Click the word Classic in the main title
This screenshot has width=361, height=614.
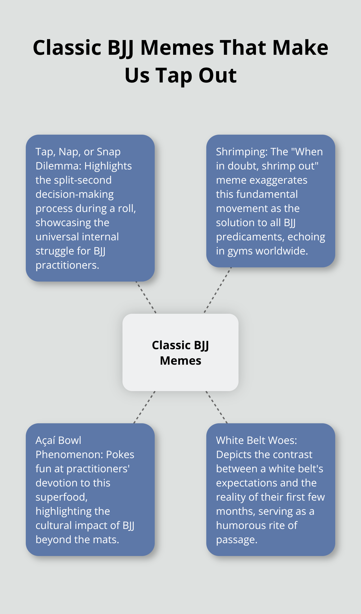pyautogui.click(x=67, y=48)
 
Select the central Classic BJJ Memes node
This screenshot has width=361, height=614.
pyautogui.click(x=180, y=352)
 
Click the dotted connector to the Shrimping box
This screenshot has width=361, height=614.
pyautogui.click(x=218, y=290)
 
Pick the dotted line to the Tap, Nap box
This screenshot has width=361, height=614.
pyautogui.click(x=146, y=297)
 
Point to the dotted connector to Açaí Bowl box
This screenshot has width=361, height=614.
pyautogui.click(x=144, y=407)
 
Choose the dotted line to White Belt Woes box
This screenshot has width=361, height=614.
pyautogui.click(x=217, y=407)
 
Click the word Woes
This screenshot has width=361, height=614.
pyautogui.click(x=282, y=440)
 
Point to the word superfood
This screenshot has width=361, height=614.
pyautogui.click(x=61, y=497)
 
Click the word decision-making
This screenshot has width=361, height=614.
pyautogui.click(x=74, y=194)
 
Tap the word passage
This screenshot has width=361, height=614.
pyautogui.click(x=237, y=540)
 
